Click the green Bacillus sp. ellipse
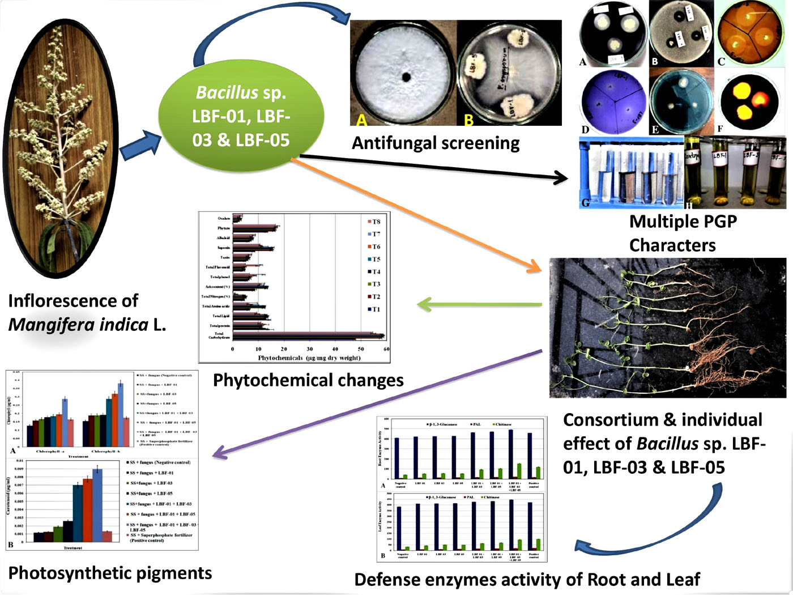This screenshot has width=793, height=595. pyautogui.click(x=241, y=116)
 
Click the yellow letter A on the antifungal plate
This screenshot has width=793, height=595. pyautogui.click(x=361, y=120)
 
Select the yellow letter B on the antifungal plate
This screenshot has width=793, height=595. pyautogui.click(x=468, y=120)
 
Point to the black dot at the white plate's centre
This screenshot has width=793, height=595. pyautogui.click(x=406, y=77)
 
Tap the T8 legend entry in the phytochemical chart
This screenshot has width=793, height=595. pyautogui.click(x=376, y=222)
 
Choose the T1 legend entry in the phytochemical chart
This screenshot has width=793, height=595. pyautogui.click(x=376, y=309)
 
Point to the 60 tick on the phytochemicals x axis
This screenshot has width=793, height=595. pyautogui.click(x=386, y=349)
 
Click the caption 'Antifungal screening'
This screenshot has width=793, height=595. pyautogui.click(x=436, y=143)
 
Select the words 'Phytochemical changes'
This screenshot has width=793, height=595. pyautogui.click(x=308, y=380)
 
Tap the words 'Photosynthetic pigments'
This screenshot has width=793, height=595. pyautogui.click(x=110, y=573)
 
